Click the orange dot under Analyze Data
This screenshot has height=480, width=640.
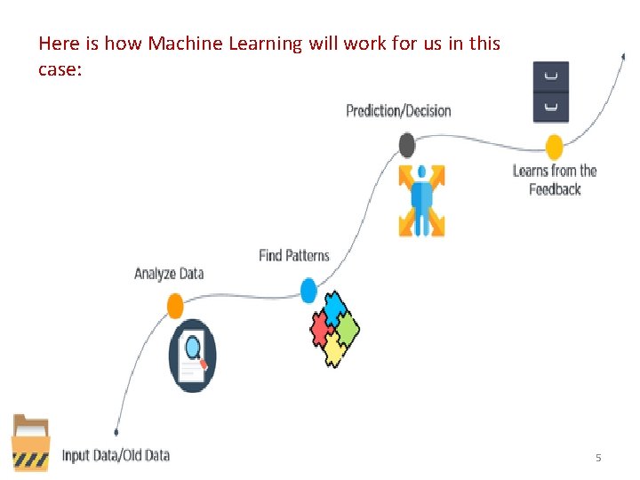coord(175,307)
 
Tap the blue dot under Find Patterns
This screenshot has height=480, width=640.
coord(308,291)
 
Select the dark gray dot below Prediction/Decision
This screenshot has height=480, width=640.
coord(407,144)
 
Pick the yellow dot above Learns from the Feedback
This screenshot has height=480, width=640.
coord(555,147)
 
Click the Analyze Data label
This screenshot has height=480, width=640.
coord(169,273)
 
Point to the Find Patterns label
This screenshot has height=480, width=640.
coord(294,256)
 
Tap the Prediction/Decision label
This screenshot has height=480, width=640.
coord(398,111)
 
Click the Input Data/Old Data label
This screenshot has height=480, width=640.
coord(116,455)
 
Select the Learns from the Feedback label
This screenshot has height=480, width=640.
coord(555,180)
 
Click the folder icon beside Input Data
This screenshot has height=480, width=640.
coord(30,443)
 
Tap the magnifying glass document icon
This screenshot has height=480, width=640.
coord(192,355)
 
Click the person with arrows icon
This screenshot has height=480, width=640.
coord(420,200)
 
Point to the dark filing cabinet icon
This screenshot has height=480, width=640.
coord(550,92)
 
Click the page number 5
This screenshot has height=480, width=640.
coord(598,458)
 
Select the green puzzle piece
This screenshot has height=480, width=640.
coord(348,330)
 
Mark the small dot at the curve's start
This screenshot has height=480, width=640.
coord(116,432)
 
